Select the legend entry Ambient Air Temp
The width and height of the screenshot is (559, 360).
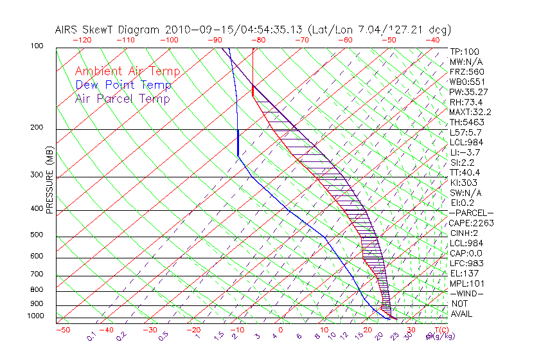point(127,71)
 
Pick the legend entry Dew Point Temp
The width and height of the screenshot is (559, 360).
point(123,85)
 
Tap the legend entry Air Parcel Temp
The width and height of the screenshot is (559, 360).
point(123,98)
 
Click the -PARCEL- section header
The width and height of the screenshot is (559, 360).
point(471,213)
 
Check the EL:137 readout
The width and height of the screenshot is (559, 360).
point(464,273)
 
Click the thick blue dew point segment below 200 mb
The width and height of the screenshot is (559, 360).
point(238,143)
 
